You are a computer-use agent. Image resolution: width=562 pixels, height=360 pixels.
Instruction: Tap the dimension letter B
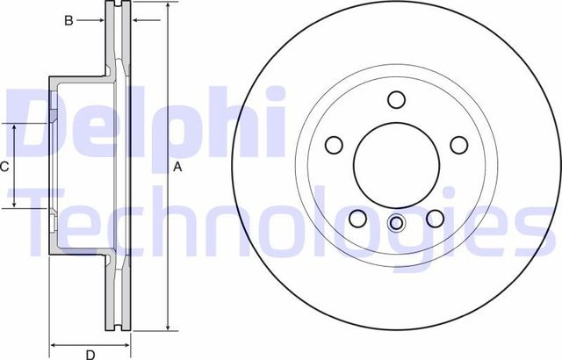[68, 19]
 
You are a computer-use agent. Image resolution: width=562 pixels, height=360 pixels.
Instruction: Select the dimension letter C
[4, 166]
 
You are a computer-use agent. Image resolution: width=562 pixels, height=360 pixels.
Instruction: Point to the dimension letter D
[89, 354]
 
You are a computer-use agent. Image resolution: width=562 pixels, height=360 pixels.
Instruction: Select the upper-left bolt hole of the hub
[334, 144]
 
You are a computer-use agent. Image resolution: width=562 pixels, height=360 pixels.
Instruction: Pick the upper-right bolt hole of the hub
[457, 144]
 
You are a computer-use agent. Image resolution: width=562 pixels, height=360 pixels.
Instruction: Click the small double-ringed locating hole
[395, 224]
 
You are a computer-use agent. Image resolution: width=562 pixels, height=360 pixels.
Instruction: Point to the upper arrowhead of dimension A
[166, 6]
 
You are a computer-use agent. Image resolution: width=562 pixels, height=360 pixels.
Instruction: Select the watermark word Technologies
[281, 220]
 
